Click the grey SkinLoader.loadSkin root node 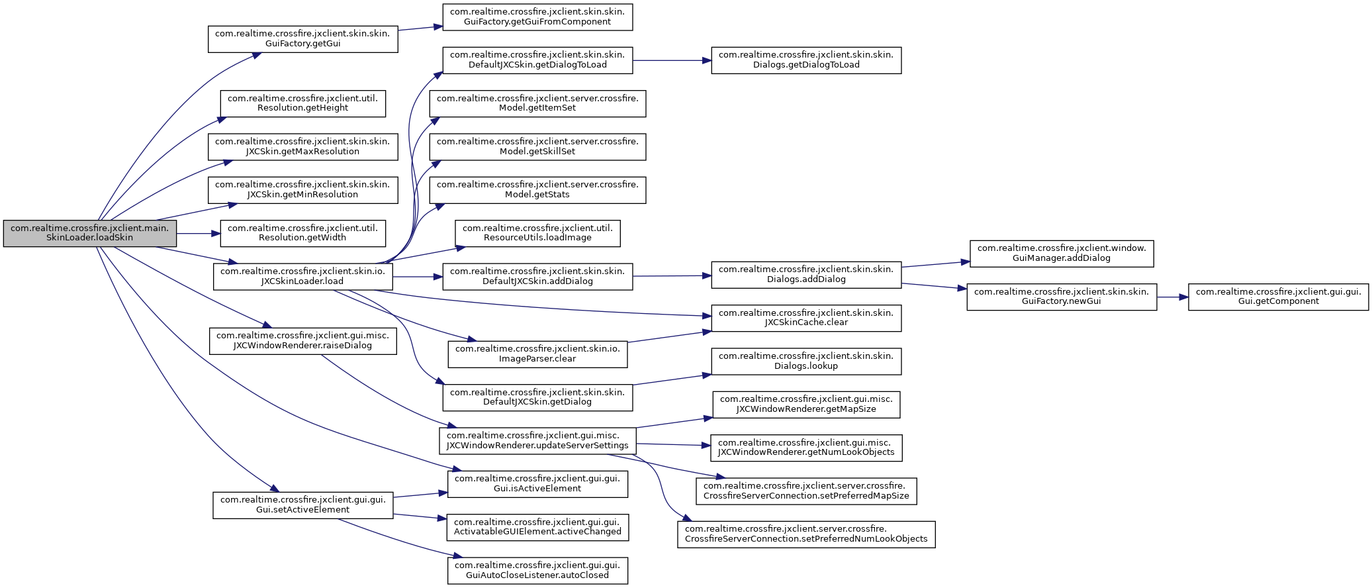point(90,233)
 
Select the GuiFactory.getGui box point(303,39)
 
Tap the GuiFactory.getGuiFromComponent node point(537,17)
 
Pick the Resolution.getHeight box point(303,103)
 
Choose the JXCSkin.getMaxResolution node point(303,146)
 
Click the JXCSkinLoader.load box point(303,276)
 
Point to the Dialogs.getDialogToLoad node point(806,60)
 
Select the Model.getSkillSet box point(537,146)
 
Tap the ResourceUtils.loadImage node point(537,233)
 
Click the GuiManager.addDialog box point(1062,254)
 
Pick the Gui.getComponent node point(1279,297)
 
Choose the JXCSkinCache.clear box point(806,318)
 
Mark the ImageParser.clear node point(537,354)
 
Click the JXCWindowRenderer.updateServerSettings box point(537,441)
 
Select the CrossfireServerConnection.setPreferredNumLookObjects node point(806,534)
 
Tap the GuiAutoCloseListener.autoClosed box point(537,571)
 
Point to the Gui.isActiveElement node point(537,484)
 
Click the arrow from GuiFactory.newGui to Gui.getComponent point(1173,297)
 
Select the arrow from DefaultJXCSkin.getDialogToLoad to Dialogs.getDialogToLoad point(672,60)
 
